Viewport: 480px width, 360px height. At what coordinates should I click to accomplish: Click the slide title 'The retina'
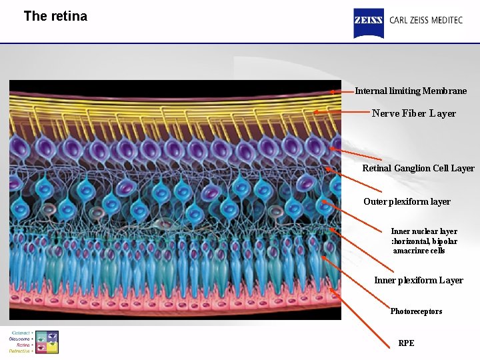55,16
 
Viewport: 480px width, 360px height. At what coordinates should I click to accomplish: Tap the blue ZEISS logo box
368,23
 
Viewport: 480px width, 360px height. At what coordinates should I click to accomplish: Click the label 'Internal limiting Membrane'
411,91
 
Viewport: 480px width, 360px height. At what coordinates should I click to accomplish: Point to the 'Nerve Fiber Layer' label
413,113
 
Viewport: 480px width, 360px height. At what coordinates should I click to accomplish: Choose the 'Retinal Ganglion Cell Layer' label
418,168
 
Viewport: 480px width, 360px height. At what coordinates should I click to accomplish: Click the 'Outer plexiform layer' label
407,201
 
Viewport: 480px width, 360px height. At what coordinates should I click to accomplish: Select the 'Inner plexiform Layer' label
418,280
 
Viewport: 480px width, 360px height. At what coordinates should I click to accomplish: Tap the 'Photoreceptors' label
416,311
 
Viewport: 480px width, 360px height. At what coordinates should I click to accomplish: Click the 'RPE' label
406,343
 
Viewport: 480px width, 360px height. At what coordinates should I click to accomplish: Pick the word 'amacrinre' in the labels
409,251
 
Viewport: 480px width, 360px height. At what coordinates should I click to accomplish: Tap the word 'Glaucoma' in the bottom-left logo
21,339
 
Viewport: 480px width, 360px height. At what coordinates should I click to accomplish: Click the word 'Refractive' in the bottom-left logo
21,351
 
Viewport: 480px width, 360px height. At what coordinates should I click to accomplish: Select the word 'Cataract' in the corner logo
22,333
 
